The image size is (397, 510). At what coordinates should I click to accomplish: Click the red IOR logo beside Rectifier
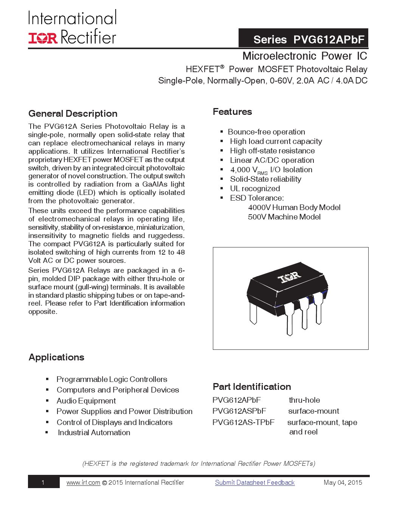[x=43, y=38]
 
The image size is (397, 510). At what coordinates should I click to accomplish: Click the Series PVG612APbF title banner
[x=303, y=39]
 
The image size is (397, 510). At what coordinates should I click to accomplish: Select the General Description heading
[x=73, y=114]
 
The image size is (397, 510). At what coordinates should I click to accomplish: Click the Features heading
[x=232, y=112]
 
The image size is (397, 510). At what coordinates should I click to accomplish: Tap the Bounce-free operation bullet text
[x=266, y=132]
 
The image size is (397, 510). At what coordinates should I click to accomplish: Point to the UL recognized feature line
[x=255, y=189]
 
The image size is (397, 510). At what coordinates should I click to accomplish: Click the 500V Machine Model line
[x=284, y=217]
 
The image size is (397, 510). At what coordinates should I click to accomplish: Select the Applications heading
[x=56, y=357]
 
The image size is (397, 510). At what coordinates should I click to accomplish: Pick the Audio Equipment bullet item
[x=86, y=401]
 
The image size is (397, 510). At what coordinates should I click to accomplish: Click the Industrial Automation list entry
[x=94, y=433]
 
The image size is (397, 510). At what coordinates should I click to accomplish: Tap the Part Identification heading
[x=252, y=387]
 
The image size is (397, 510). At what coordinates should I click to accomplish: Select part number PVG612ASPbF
[x=239, y=411]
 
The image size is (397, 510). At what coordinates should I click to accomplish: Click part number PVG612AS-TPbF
[x=243, y=422]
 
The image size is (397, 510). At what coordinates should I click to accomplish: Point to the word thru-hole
[x=304, y=400]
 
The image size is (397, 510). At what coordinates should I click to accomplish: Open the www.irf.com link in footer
[x=83, y=483]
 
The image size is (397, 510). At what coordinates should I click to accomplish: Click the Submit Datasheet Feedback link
[x=254, y=483]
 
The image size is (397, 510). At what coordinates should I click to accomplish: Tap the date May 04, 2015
[x=343, y=483]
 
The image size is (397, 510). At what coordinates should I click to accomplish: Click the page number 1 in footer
[x=43, y=483]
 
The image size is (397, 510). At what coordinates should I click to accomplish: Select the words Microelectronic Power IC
[x=304, y=56]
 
